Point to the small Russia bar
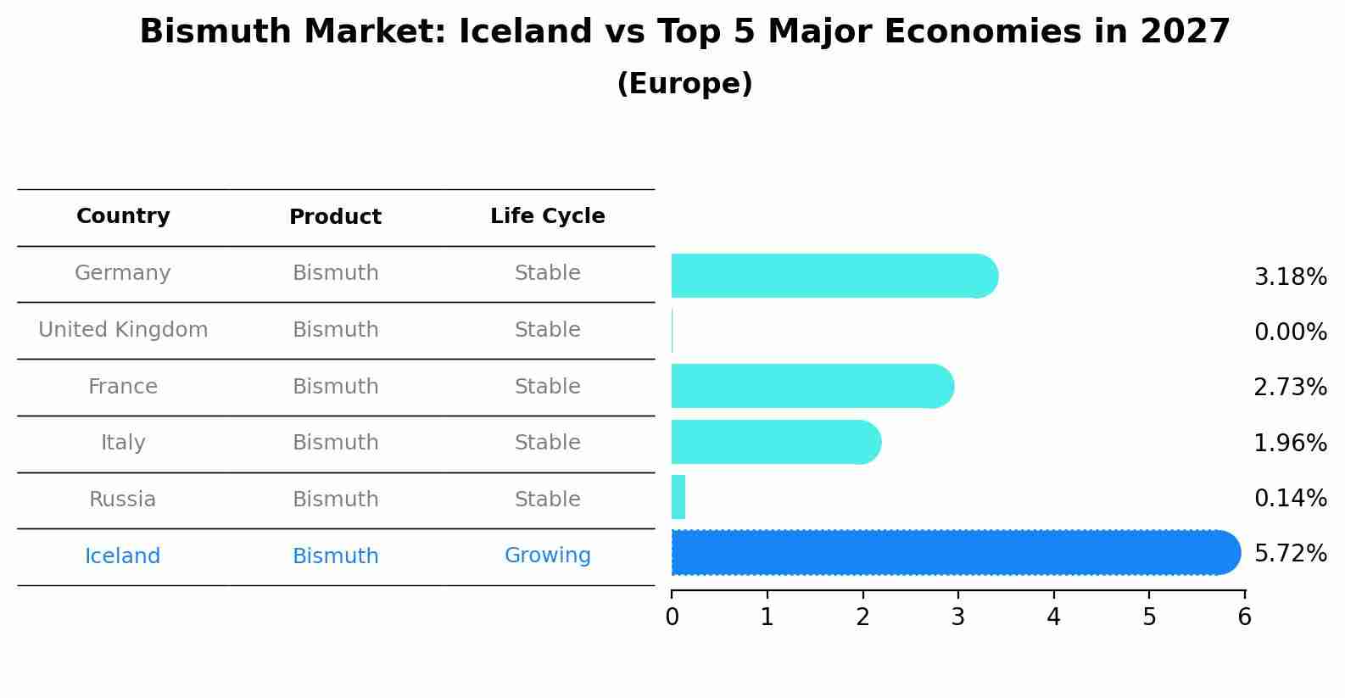(678, 498)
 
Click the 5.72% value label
(1290, 554)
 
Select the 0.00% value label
(1290, 332)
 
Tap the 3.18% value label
(1290, 277)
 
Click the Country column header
(123, 216)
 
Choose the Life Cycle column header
(547, 216)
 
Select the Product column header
(335, 217)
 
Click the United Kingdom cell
(123, 330)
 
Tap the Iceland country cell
(123, 556)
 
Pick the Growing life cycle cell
(547, 556)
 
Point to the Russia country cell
(123, 500)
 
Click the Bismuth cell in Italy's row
(335, 443)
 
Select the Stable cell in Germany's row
(547, 273)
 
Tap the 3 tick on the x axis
(958, 617)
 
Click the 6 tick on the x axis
(1244, 617)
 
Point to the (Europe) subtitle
(684, 84)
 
